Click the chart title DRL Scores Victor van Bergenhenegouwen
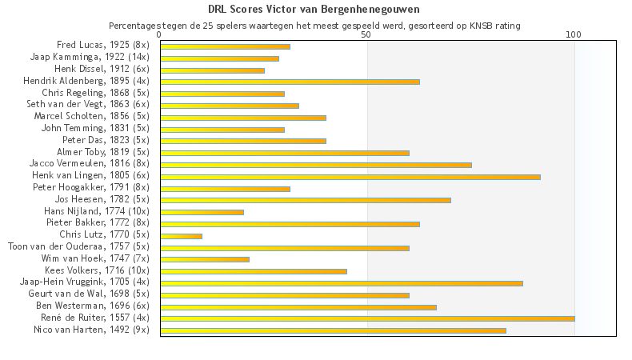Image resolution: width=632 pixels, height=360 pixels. click(x=315, y=10)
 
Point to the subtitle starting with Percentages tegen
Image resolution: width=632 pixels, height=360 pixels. click(x=315, y=26)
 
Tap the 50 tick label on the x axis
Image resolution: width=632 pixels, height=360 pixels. click(x=366, y=35)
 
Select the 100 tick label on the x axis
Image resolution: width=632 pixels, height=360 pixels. click(x=574, y=35)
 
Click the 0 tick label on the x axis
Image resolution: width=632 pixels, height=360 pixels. click(x=160, y=35)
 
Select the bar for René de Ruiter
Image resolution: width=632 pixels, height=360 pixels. click(x=367, y=318)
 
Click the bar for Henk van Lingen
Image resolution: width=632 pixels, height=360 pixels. click(x=350, y=176)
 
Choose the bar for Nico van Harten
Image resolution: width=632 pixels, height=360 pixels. click(x=333, y=330)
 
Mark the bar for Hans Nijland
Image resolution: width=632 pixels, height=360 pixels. click(x=202, y=212)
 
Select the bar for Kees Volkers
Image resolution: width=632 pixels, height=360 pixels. click(x=254, y=271)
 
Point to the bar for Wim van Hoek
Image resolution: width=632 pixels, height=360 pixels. click(x=205, y=259)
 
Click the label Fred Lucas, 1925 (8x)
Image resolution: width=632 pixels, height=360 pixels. click(x=103, y=46)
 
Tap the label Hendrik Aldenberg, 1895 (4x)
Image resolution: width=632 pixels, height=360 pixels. click(x=86, y=81)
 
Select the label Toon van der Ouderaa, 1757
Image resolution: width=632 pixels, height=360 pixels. click(x=78, y=247)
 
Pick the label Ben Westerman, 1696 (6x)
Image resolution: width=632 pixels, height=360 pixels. click(x=92, y=306)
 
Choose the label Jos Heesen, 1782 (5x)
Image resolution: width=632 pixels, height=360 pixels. click(x=102, y=199)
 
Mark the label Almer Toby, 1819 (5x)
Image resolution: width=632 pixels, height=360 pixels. click(x=103, y=152)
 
